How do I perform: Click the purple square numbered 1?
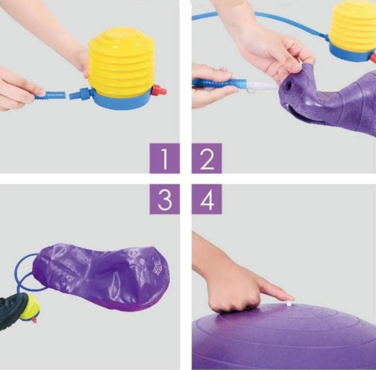165,158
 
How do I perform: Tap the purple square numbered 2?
206,158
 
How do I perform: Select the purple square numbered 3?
165,199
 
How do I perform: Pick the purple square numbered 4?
206,199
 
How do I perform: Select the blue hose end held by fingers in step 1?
50,95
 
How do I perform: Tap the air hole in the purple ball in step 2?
289,85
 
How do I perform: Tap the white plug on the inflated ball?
289,303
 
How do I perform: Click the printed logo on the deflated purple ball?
158,266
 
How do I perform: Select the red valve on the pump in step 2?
373,58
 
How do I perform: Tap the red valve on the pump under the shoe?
35,320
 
